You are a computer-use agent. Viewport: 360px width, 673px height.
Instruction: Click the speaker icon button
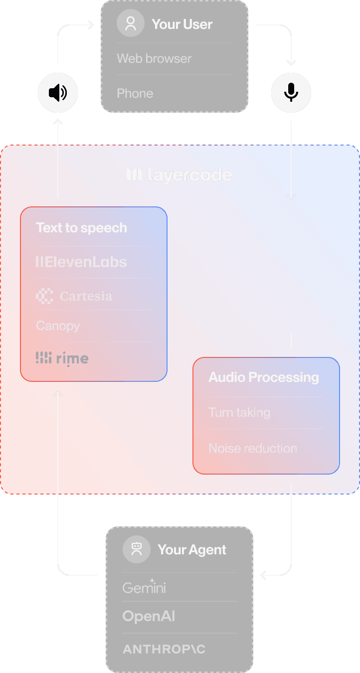58,93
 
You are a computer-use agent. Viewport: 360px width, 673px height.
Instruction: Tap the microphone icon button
291,93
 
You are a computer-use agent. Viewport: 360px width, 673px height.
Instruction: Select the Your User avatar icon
131,24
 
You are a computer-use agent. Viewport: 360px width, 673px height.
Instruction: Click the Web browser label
154,59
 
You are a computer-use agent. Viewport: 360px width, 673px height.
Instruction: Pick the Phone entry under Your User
135,94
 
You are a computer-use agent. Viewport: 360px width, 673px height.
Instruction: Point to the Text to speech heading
81,228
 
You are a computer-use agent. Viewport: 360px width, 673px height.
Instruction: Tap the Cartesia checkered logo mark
44,296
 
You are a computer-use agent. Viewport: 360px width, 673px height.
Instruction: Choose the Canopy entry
58,326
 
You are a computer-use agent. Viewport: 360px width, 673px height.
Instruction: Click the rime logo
62,358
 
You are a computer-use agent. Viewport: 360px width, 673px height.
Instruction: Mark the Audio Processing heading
264,377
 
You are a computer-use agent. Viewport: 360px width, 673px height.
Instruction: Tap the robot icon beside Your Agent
136,550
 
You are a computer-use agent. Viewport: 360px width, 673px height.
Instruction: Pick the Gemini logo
144,587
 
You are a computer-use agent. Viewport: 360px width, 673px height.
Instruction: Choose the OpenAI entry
149,617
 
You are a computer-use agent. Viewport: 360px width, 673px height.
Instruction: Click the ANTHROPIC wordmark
164,649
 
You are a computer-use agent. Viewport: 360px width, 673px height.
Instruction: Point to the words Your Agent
192,550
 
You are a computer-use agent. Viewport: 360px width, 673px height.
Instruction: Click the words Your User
182,24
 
